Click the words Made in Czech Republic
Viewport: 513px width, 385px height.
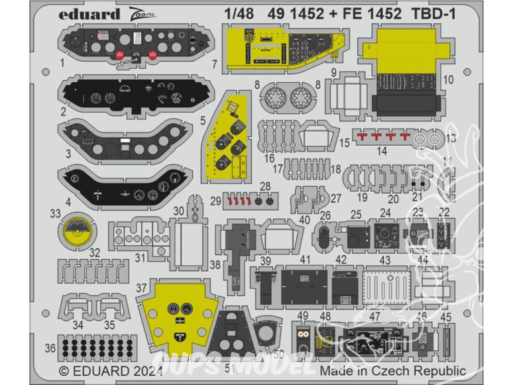pyautogui.click(x=392, y=371)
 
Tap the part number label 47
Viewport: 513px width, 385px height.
pyautogui.click(x=375, y=316)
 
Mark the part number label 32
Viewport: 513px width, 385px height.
pyautogui.click(x=95, y=252)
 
